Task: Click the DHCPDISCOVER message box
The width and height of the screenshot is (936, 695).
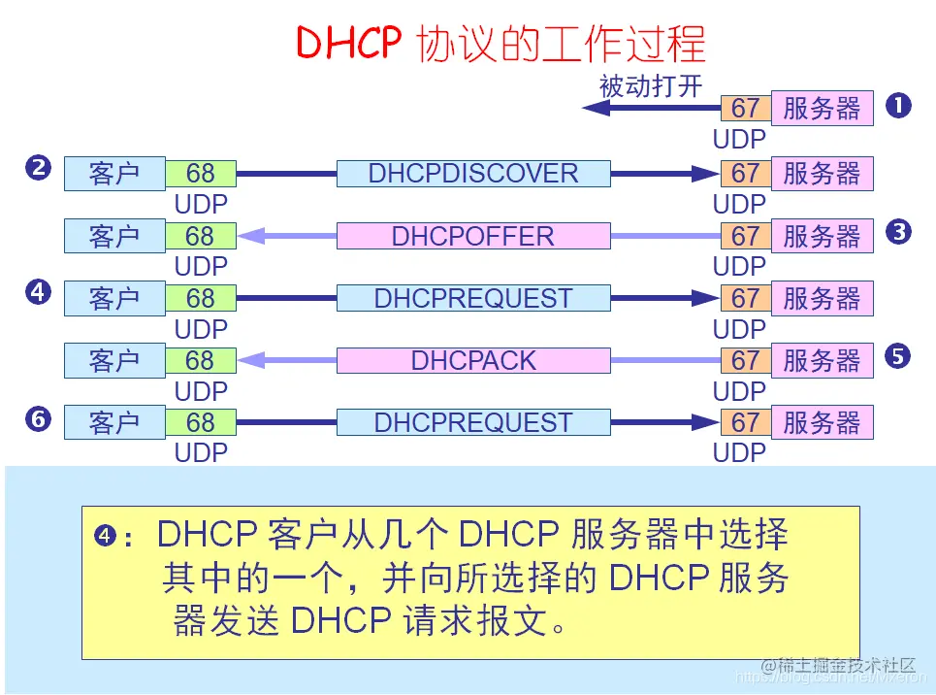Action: [x=472, y=174]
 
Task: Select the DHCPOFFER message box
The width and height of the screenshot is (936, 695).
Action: [x=472, y=236]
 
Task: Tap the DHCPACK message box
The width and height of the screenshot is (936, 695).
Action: [x=472, y=360]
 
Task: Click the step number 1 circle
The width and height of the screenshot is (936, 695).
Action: [x=899, y=105]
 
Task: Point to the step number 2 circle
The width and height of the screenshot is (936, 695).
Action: [x=38, y=168]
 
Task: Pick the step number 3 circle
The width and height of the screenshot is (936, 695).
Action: [x=899, y=231]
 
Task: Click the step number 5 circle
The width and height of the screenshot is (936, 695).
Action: [x=899, y=356]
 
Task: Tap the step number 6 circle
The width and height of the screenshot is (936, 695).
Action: [x=38, y=418]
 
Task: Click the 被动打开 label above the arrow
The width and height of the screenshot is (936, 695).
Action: [x=650, y=85]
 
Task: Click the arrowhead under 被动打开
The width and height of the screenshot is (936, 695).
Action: [x=595, y=108]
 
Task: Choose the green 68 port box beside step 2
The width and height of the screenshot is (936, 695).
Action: [x=200, y=174]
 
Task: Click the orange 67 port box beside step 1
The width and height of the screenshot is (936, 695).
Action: [x=745, y=108]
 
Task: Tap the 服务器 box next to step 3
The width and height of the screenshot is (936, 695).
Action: [x=822, y=236]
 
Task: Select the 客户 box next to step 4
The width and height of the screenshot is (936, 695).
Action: [x=114, y=298]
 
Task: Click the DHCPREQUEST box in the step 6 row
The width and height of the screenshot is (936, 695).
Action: [x=472, y=422]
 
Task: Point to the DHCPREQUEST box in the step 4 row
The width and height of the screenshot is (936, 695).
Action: [x=472, y=298]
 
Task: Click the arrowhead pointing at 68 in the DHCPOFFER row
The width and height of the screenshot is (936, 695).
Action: [x=251, y=236]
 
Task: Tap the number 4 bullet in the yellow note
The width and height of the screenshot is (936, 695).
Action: [x=106, y=535]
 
